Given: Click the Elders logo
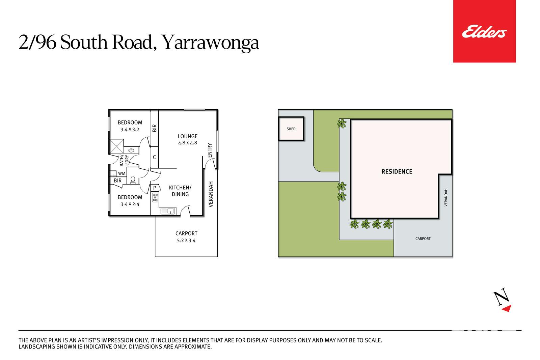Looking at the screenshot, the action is tap(484, 31).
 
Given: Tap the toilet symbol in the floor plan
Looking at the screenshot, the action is tap(133, 180).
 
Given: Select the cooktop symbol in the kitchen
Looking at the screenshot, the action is tap(155, 197).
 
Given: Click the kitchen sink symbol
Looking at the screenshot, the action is tap(167, 211).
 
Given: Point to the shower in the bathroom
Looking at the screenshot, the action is tap(116, 146).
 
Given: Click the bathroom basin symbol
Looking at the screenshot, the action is tap(131, 150).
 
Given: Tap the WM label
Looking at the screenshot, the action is tap(122, 173).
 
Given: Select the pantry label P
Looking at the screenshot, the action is tap(155, 188).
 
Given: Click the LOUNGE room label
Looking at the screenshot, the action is tap(188, 136).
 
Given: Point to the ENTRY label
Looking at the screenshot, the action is tap(210, 150).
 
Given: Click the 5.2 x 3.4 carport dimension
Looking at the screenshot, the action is tap(186, 240).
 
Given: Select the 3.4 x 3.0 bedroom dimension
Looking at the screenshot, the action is tap(130, 129).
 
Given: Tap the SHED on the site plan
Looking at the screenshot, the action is tap(291, 129).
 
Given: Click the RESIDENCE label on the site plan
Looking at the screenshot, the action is tap(397, 172).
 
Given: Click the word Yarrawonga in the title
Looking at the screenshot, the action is tap(210, 43).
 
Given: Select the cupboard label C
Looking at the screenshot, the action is tap(154, 157).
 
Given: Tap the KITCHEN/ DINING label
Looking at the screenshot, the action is tap(180, 191).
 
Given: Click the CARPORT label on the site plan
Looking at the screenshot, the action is tap(423, 239).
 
